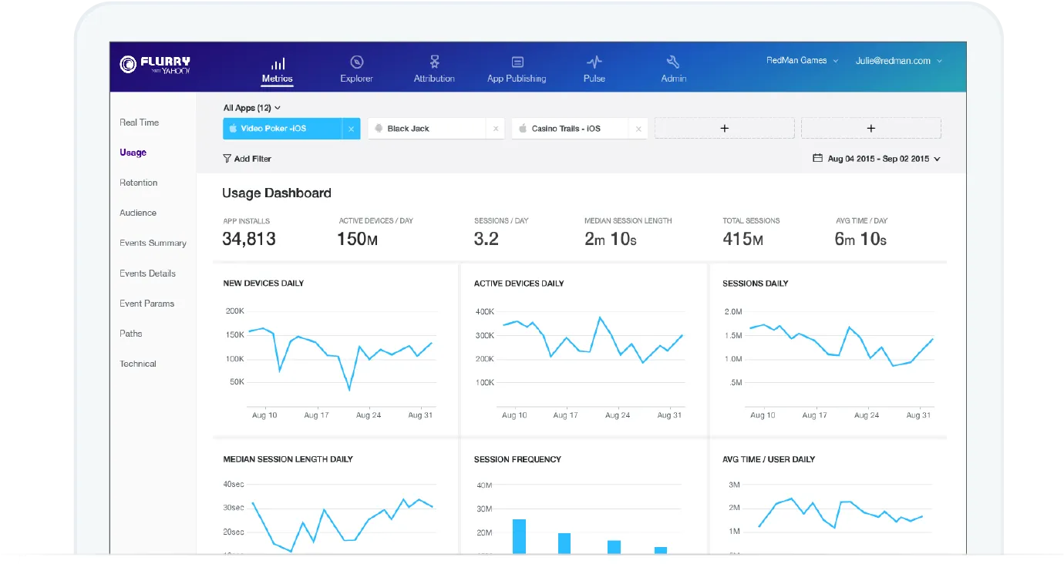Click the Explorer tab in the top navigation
coord(356,69)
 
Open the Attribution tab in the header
coord(433,69)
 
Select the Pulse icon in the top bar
coord(594,62)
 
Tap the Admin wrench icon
coord(673,62)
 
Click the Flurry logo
coord(155,65)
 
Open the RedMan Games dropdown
coord(802,60)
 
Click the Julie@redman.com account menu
coord(898,61)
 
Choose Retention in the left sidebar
coord(138,183)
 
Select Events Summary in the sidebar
coord(153,243)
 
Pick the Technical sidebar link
coord(138,364)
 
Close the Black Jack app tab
coord(496,129)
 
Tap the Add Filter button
coord(247,159)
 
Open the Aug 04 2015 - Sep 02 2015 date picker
coord(877,159)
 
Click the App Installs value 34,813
coord(249,239)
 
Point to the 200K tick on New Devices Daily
coord(234,311)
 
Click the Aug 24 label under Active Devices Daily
coord(618,415)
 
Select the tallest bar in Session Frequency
coord(519,536)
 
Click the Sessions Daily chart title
coord(756,284)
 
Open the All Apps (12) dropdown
coord(252,108)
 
